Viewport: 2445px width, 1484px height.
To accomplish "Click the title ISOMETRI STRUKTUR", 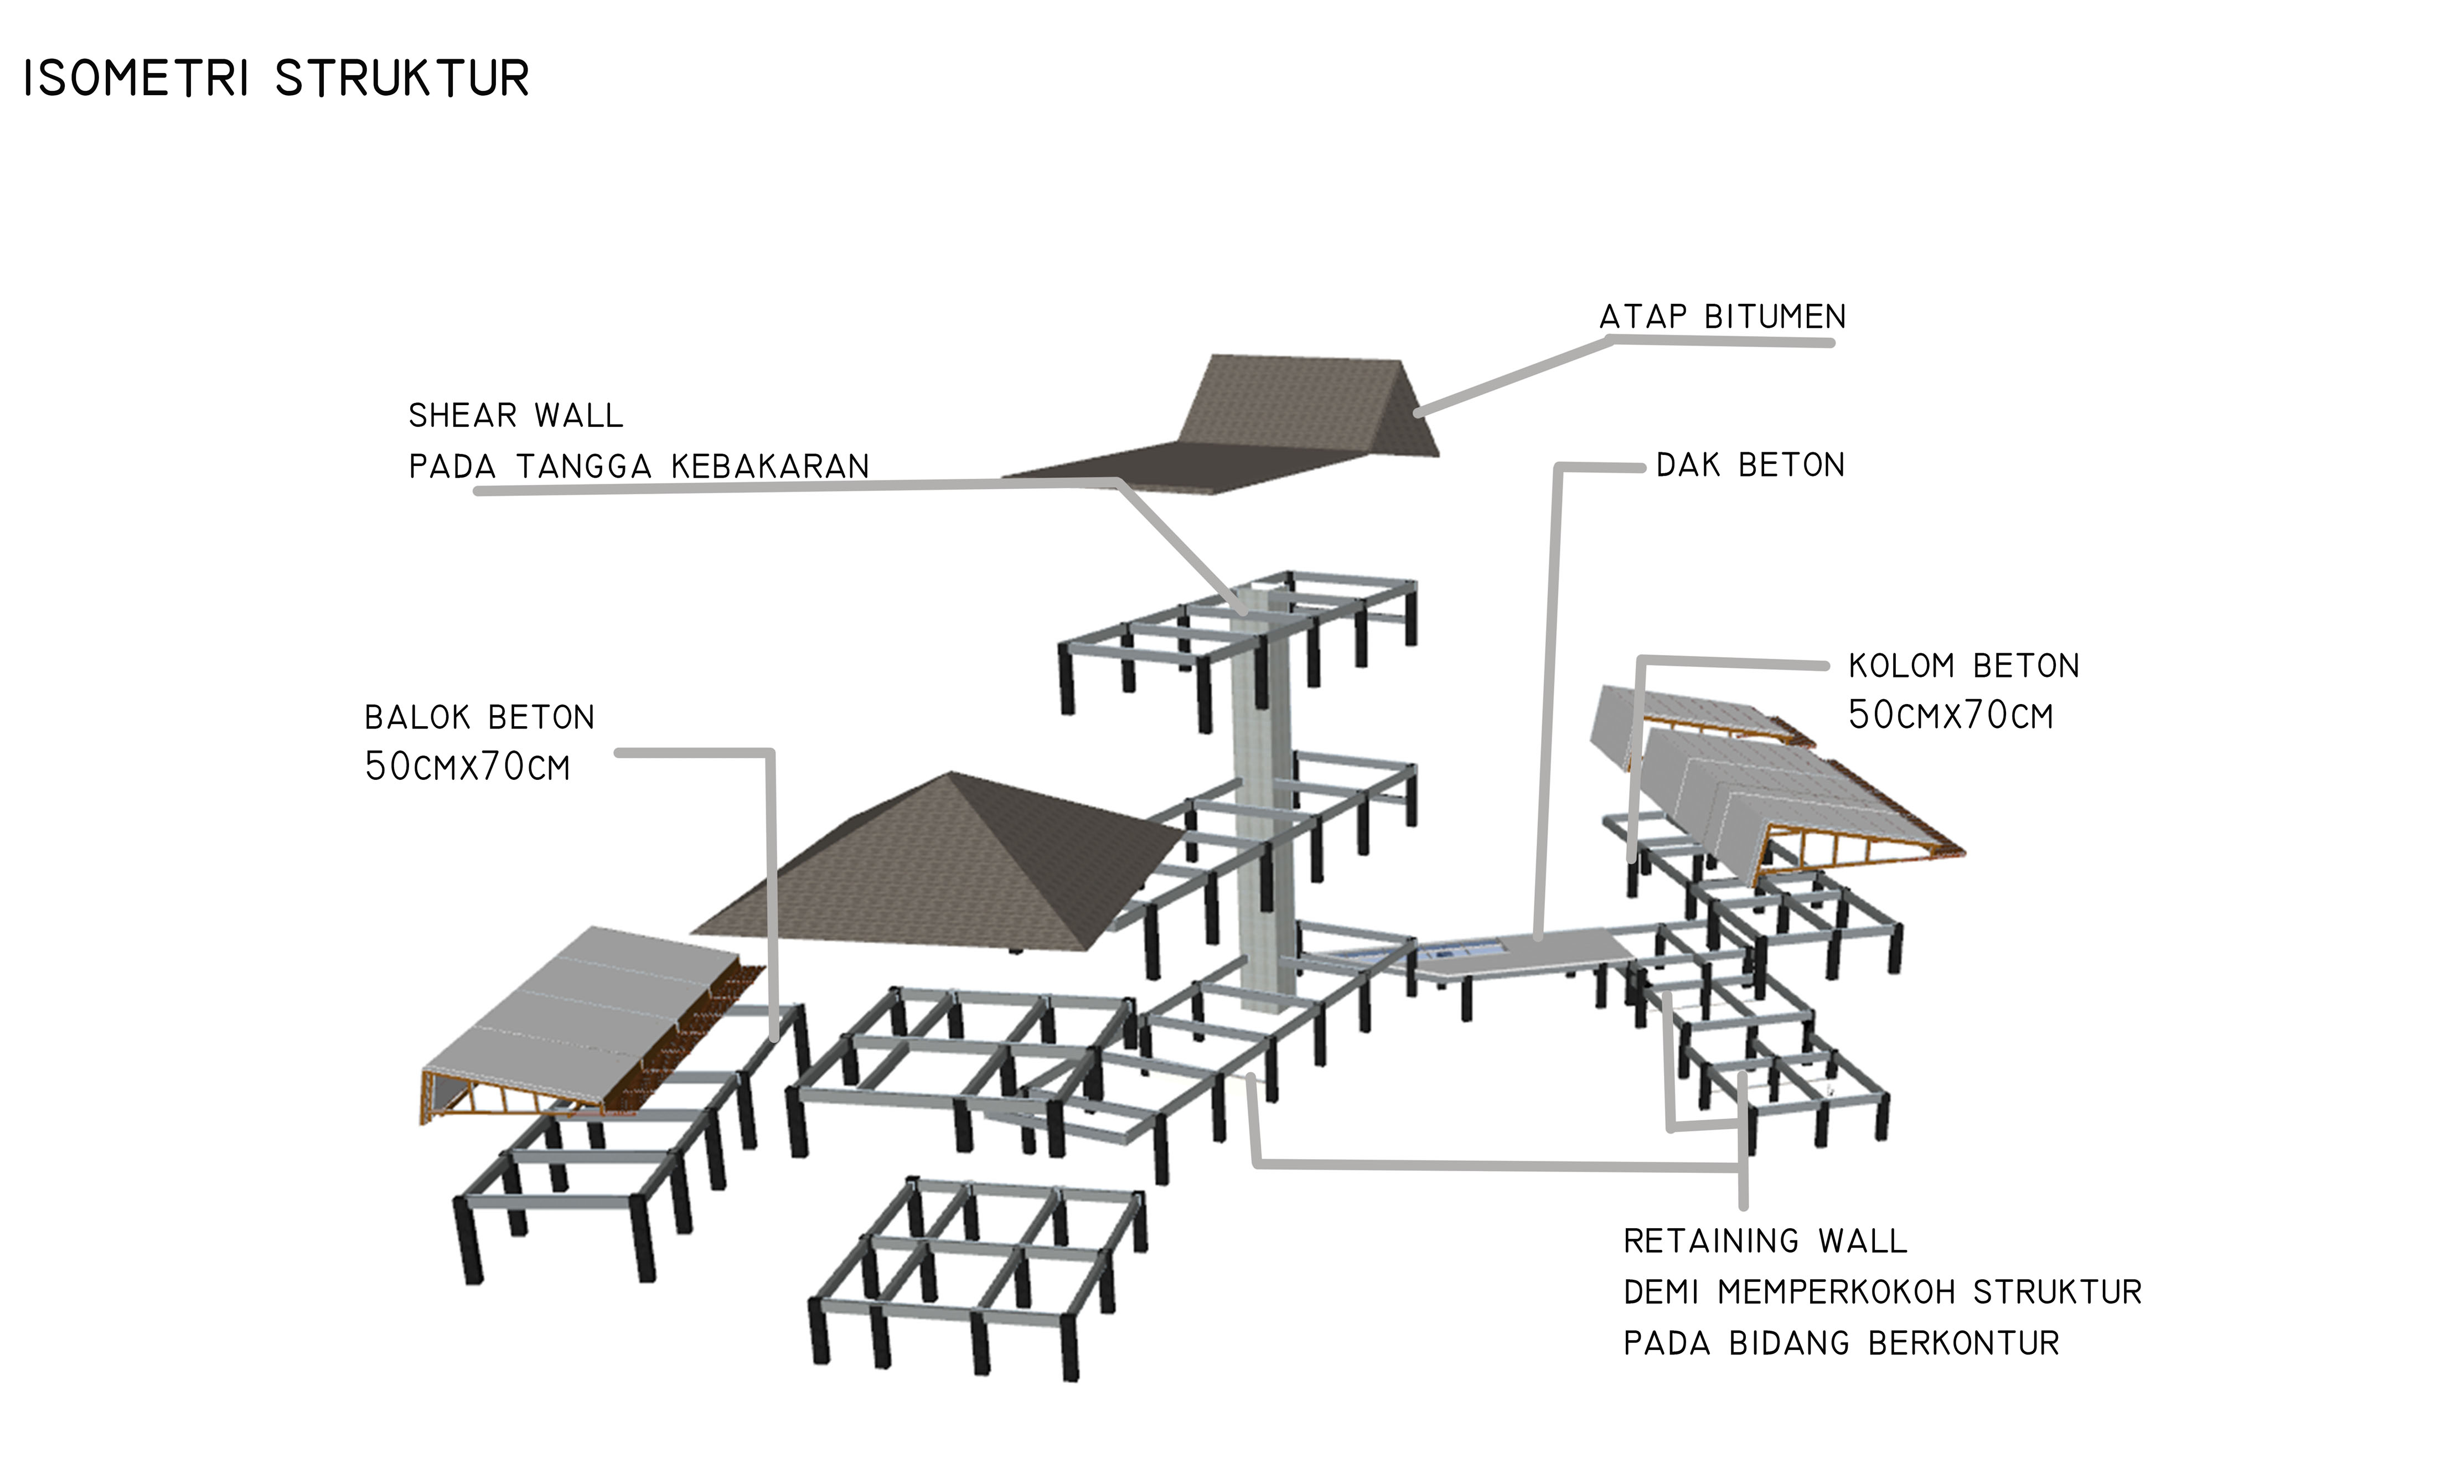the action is tap(276, 79).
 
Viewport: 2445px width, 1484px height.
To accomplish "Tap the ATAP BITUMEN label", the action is tap(1723, 317).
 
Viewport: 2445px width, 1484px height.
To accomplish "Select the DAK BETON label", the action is tap(1750, 466).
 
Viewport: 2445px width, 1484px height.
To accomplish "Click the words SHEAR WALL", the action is tap(516, 416).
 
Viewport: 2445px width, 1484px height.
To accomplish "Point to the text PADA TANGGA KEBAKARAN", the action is tap(639, 466).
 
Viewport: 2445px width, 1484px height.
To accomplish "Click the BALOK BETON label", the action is tap(479, 717).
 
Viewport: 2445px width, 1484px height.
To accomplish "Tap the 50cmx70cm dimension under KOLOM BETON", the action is tap(1950, 715).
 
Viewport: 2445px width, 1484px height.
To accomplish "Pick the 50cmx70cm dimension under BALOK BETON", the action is tap(467, 767).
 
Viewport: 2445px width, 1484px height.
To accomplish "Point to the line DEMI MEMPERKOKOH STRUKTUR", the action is tap(1883, 1292).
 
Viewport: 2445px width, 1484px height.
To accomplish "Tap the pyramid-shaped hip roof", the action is tap(938, 863).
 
